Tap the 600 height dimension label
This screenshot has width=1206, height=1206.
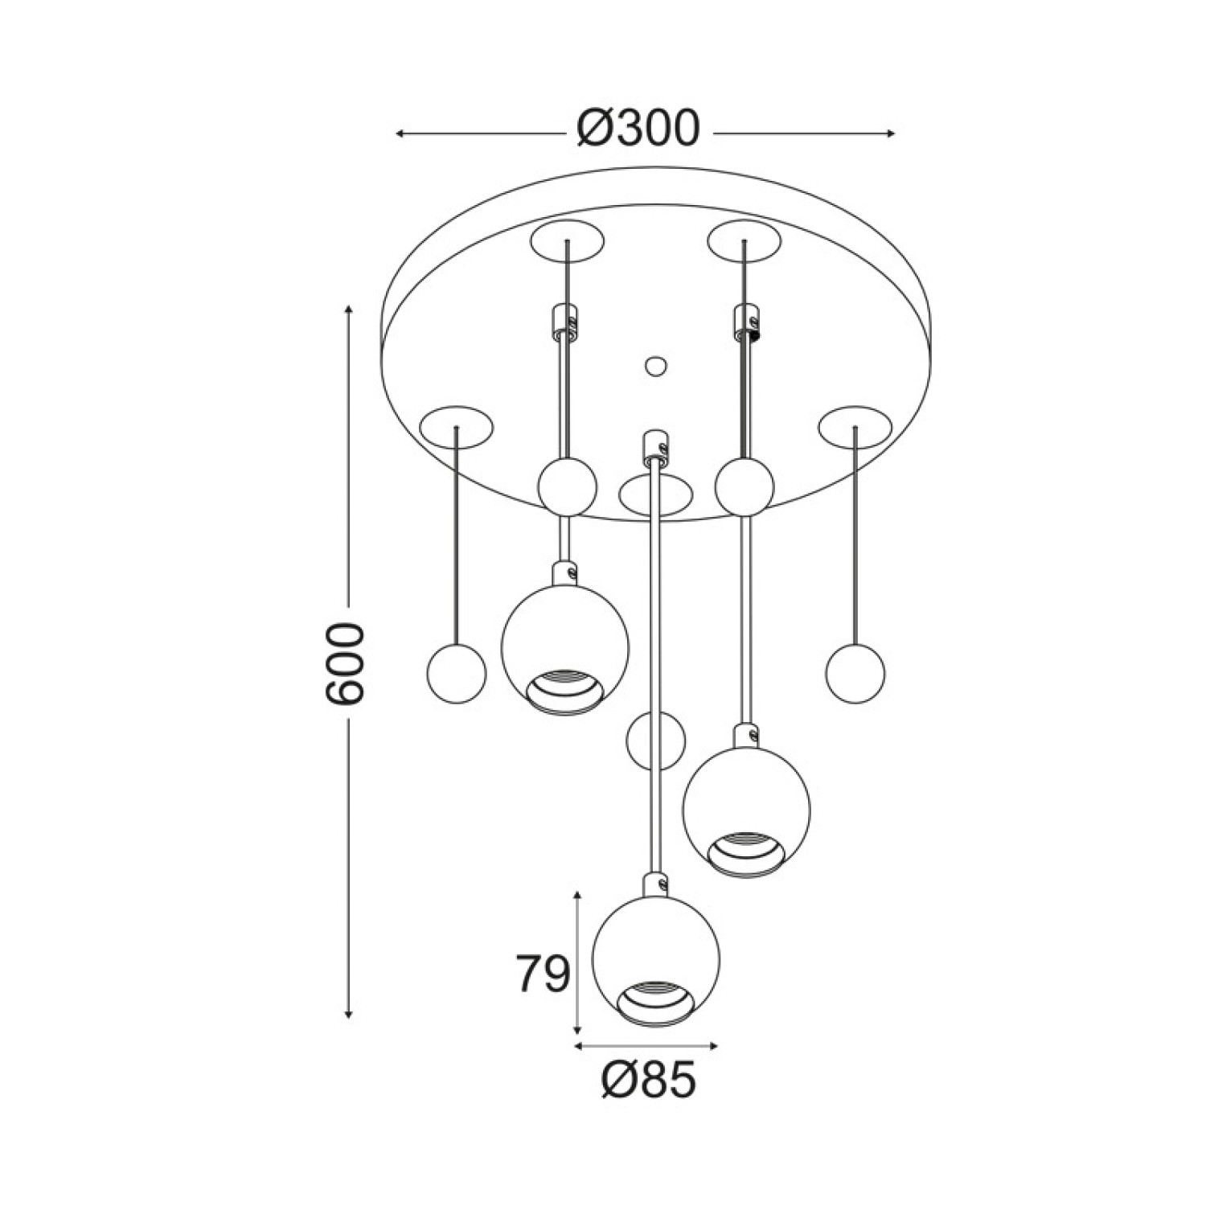click(346, 664)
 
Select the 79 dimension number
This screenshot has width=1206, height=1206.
click(543, 974)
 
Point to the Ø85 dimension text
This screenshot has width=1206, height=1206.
click(648, 1079)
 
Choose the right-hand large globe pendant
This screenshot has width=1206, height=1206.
click(746, 812)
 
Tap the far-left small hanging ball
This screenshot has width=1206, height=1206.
click(456, 675)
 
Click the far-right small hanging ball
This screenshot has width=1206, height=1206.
click(855, 675)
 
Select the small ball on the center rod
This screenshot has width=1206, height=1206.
click(656, 740)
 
